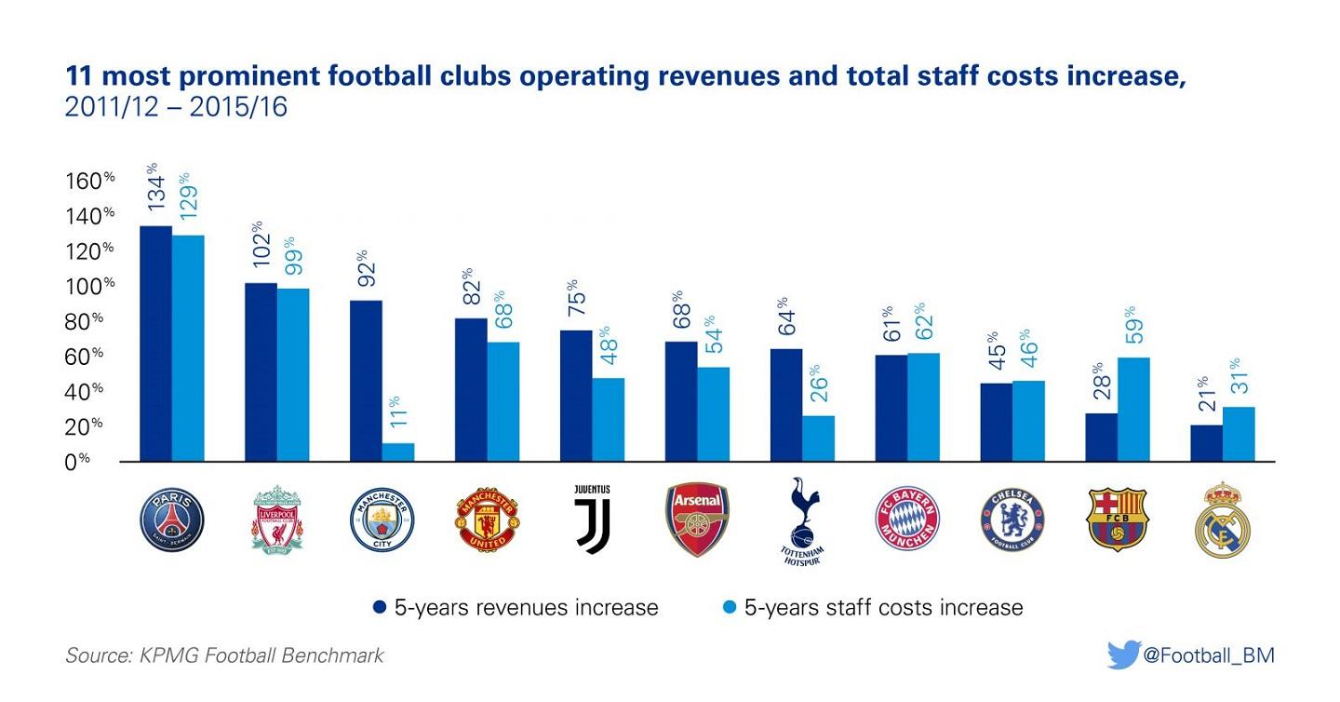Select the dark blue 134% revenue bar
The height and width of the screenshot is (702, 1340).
coord(156,344)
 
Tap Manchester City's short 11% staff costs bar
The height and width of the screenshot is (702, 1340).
coord(398,452)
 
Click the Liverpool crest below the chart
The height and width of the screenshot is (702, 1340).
coord(277,519)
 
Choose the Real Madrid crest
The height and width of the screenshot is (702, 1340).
coord(1222,520)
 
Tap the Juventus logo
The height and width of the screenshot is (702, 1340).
coord(592,519)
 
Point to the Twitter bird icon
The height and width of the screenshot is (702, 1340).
coord(1123,655)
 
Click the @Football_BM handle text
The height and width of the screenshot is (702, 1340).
coord(1208,655)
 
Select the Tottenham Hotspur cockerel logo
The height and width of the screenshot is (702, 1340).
coord(801,520)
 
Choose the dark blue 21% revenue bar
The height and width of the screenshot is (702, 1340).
coord(1206,443)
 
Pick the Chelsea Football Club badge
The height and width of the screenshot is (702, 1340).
coord(1012,519)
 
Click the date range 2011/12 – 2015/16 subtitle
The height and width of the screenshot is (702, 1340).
coord(176,108)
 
